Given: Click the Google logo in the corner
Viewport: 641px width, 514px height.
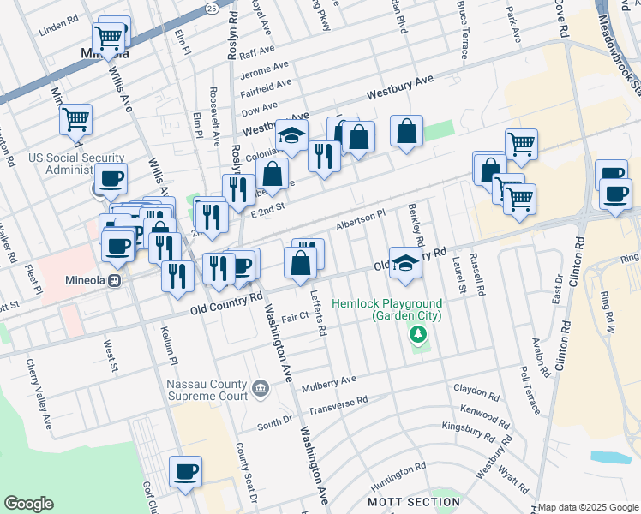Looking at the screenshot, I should (28, 504).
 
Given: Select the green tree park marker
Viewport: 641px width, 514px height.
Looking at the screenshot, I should (417, 334).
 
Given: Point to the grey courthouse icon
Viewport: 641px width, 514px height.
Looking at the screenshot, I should (261, 390).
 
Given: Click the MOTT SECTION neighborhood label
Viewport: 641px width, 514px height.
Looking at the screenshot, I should (414, 501).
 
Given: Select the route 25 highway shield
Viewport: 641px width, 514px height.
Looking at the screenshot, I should (212, 7).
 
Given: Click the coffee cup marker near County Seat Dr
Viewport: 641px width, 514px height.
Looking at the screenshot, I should (185, 471).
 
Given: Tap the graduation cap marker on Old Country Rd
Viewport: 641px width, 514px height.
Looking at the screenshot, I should (406, 262).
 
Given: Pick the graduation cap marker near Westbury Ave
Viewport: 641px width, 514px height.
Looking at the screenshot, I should (291, 136).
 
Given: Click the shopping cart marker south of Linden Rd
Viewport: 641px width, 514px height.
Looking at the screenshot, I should (110, 37).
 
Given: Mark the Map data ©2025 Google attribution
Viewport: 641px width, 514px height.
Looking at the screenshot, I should (588, 507).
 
